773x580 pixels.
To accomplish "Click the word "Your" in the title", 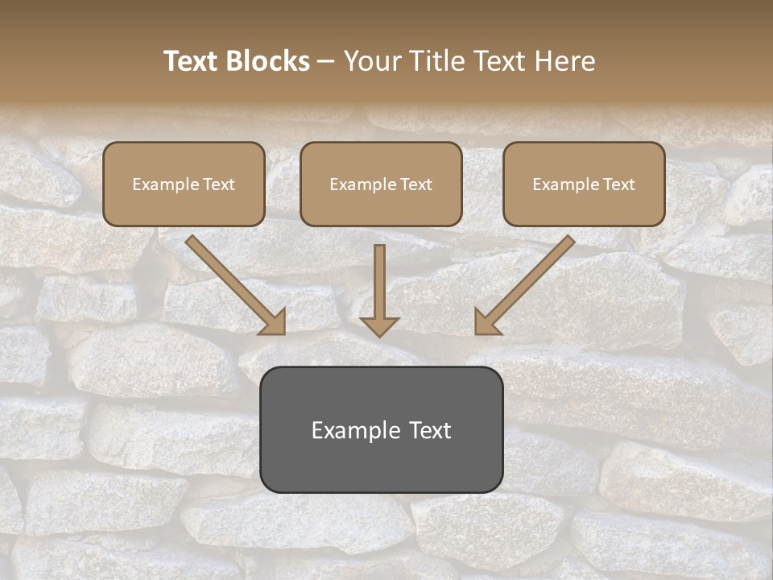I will coord(368,61).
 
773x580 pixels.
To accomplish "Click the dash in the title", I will coord(326,62).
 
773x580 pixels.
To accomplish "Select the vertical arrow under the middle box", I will coord(379,282).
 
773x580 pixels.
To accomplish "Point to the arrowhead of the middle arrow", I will coord(379,326).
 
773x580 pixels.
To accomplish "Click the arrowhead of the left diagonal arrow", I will coord(274,323).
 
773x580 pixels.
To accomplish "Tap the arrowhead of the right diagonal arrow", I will coord(486,323).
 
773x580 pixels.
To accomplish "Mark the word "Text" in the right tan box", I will coord(618,184).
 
